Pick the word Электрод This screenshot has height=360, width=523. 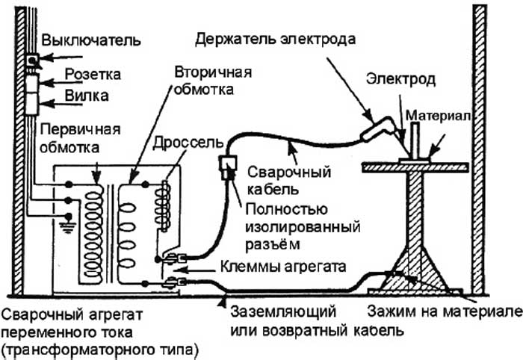[x=394, y=79]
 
